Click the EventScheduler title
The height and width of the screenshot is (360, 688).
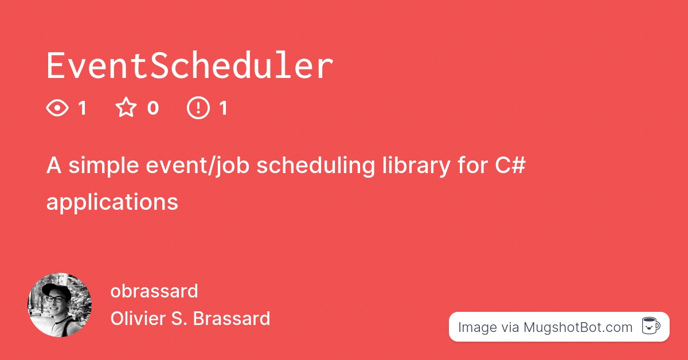point(189,66)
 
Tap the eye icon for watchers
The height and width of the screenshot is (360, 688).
point(57,108)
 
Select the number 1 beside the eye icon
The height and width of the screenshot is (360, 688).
point(82,108)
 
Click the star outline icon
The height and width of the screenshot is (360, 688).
point(126,108)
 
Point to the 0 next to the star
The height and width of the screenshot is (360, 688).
point(153,108)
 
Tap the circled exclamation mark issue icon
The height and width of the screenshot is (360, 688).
point(198,108)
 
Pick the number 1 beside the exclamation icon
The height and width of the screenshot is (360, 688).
point(223,108)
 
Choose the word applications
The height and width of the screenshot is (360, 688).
point(112,202)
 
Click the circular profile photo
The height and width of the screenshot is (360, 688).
point(60,305)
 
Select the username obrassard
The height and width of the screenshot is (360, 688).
point(154,291)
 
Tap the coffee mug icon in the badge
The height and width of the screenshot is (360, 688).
point(650,327)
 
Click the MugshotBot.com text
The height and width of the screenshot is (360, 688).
point(577,327)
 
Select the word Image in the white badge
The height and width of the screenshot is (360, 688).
point(478,327)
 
